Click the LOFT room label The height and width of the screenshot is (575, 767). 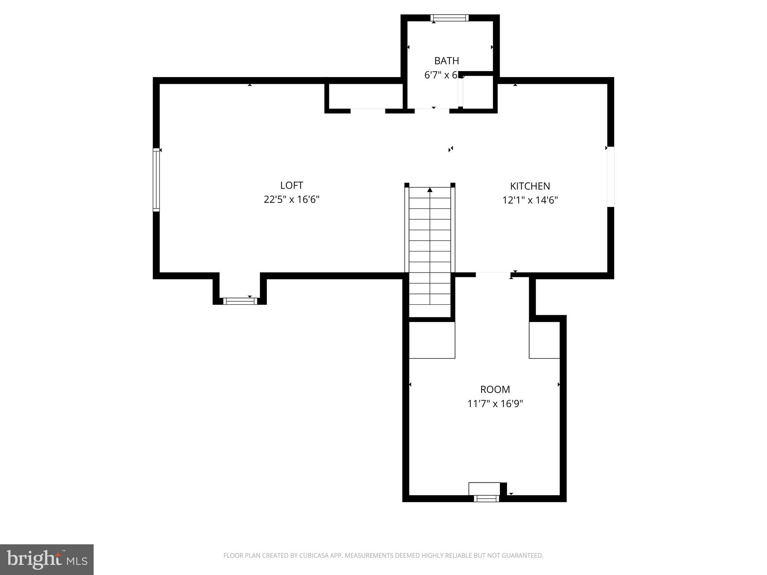291,185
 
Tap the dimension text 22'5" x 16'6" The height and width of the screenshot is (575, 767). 291,199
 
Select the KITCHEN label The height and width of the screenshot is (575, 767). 530,186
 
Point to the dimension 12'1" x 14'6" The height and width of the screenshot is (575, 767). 530,200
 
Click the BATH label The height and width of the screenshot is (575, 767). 446,61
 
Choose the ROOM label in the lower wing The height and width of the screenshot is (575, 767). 495,389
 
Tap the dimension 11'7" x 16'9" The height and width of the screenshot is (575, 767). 495,404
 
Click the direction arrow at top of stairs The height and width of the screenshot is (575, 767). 430,190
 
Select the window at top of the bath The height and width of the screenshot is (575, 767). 449,18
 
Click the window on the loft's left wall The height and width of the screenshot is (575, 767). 156,180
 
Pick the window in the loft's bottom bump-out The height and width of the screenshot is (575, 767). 240,301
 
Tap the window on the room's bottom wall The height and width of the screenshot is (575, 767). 486,498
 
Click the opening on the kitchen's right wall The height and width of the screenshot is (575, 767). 610,176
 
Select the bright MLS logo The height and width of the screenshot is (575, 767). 46,559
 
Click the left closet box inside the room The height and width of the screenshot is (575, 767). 432,340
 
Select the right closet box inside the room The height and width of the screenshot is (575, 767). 544,340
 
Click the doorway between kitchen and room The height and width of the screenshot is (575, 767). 493,275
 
